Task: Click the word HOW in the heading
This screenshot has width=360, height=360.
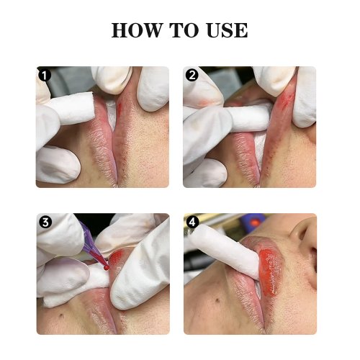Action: pos(137,30)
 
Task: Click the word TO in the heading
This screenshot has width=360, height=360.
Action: pos(185,30)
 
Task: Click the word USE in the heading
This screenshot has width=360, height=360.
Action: pos(227,30)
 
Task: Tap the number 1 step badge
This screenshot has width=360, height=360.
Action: pos(45,75)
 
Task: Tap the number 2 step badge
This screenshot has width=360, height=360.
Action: pos(192,75)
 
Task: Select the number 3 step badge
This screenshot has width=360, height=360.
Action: pos(45,222)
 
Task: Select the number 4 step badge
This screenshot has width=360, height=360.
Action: pos(192,222)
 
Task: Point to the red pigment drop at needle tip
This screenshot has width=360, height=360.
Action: pos(106,267)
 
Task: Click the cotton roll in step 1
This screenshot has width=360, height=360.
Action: pos(70,109)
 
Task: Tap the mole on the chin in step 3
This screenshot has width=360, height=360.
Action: pos(62,315)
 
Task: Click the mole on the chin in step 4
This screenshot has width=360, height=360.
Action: pos(218,300)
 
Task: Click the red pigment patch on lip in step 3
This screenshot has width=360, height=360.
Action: pos(117,257)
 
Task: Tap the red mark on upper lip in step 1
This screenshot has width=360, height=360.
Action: pos(120,106)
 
